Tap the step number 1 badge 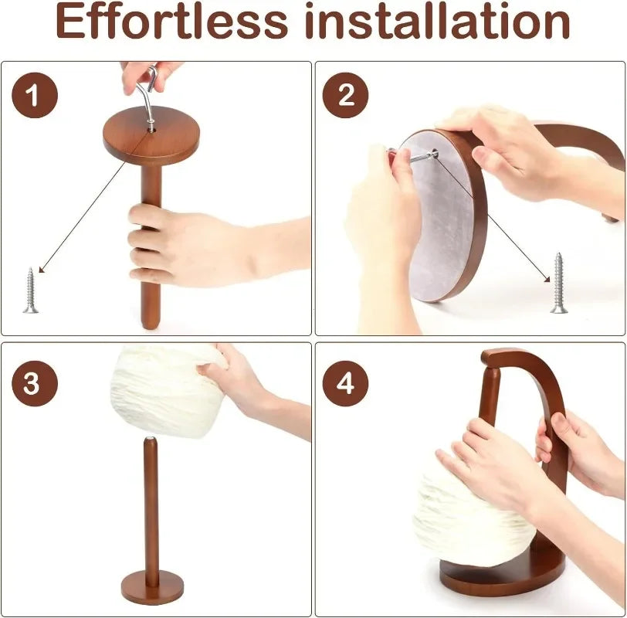coord(34,97)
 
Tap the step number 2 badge coord(345,97)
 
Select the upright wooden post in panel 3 coord(151,510)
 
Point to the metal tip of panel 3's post coord(150,440)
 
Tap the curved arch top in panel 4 coord(525,362)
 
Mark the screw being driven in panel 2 coord(417,157)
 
